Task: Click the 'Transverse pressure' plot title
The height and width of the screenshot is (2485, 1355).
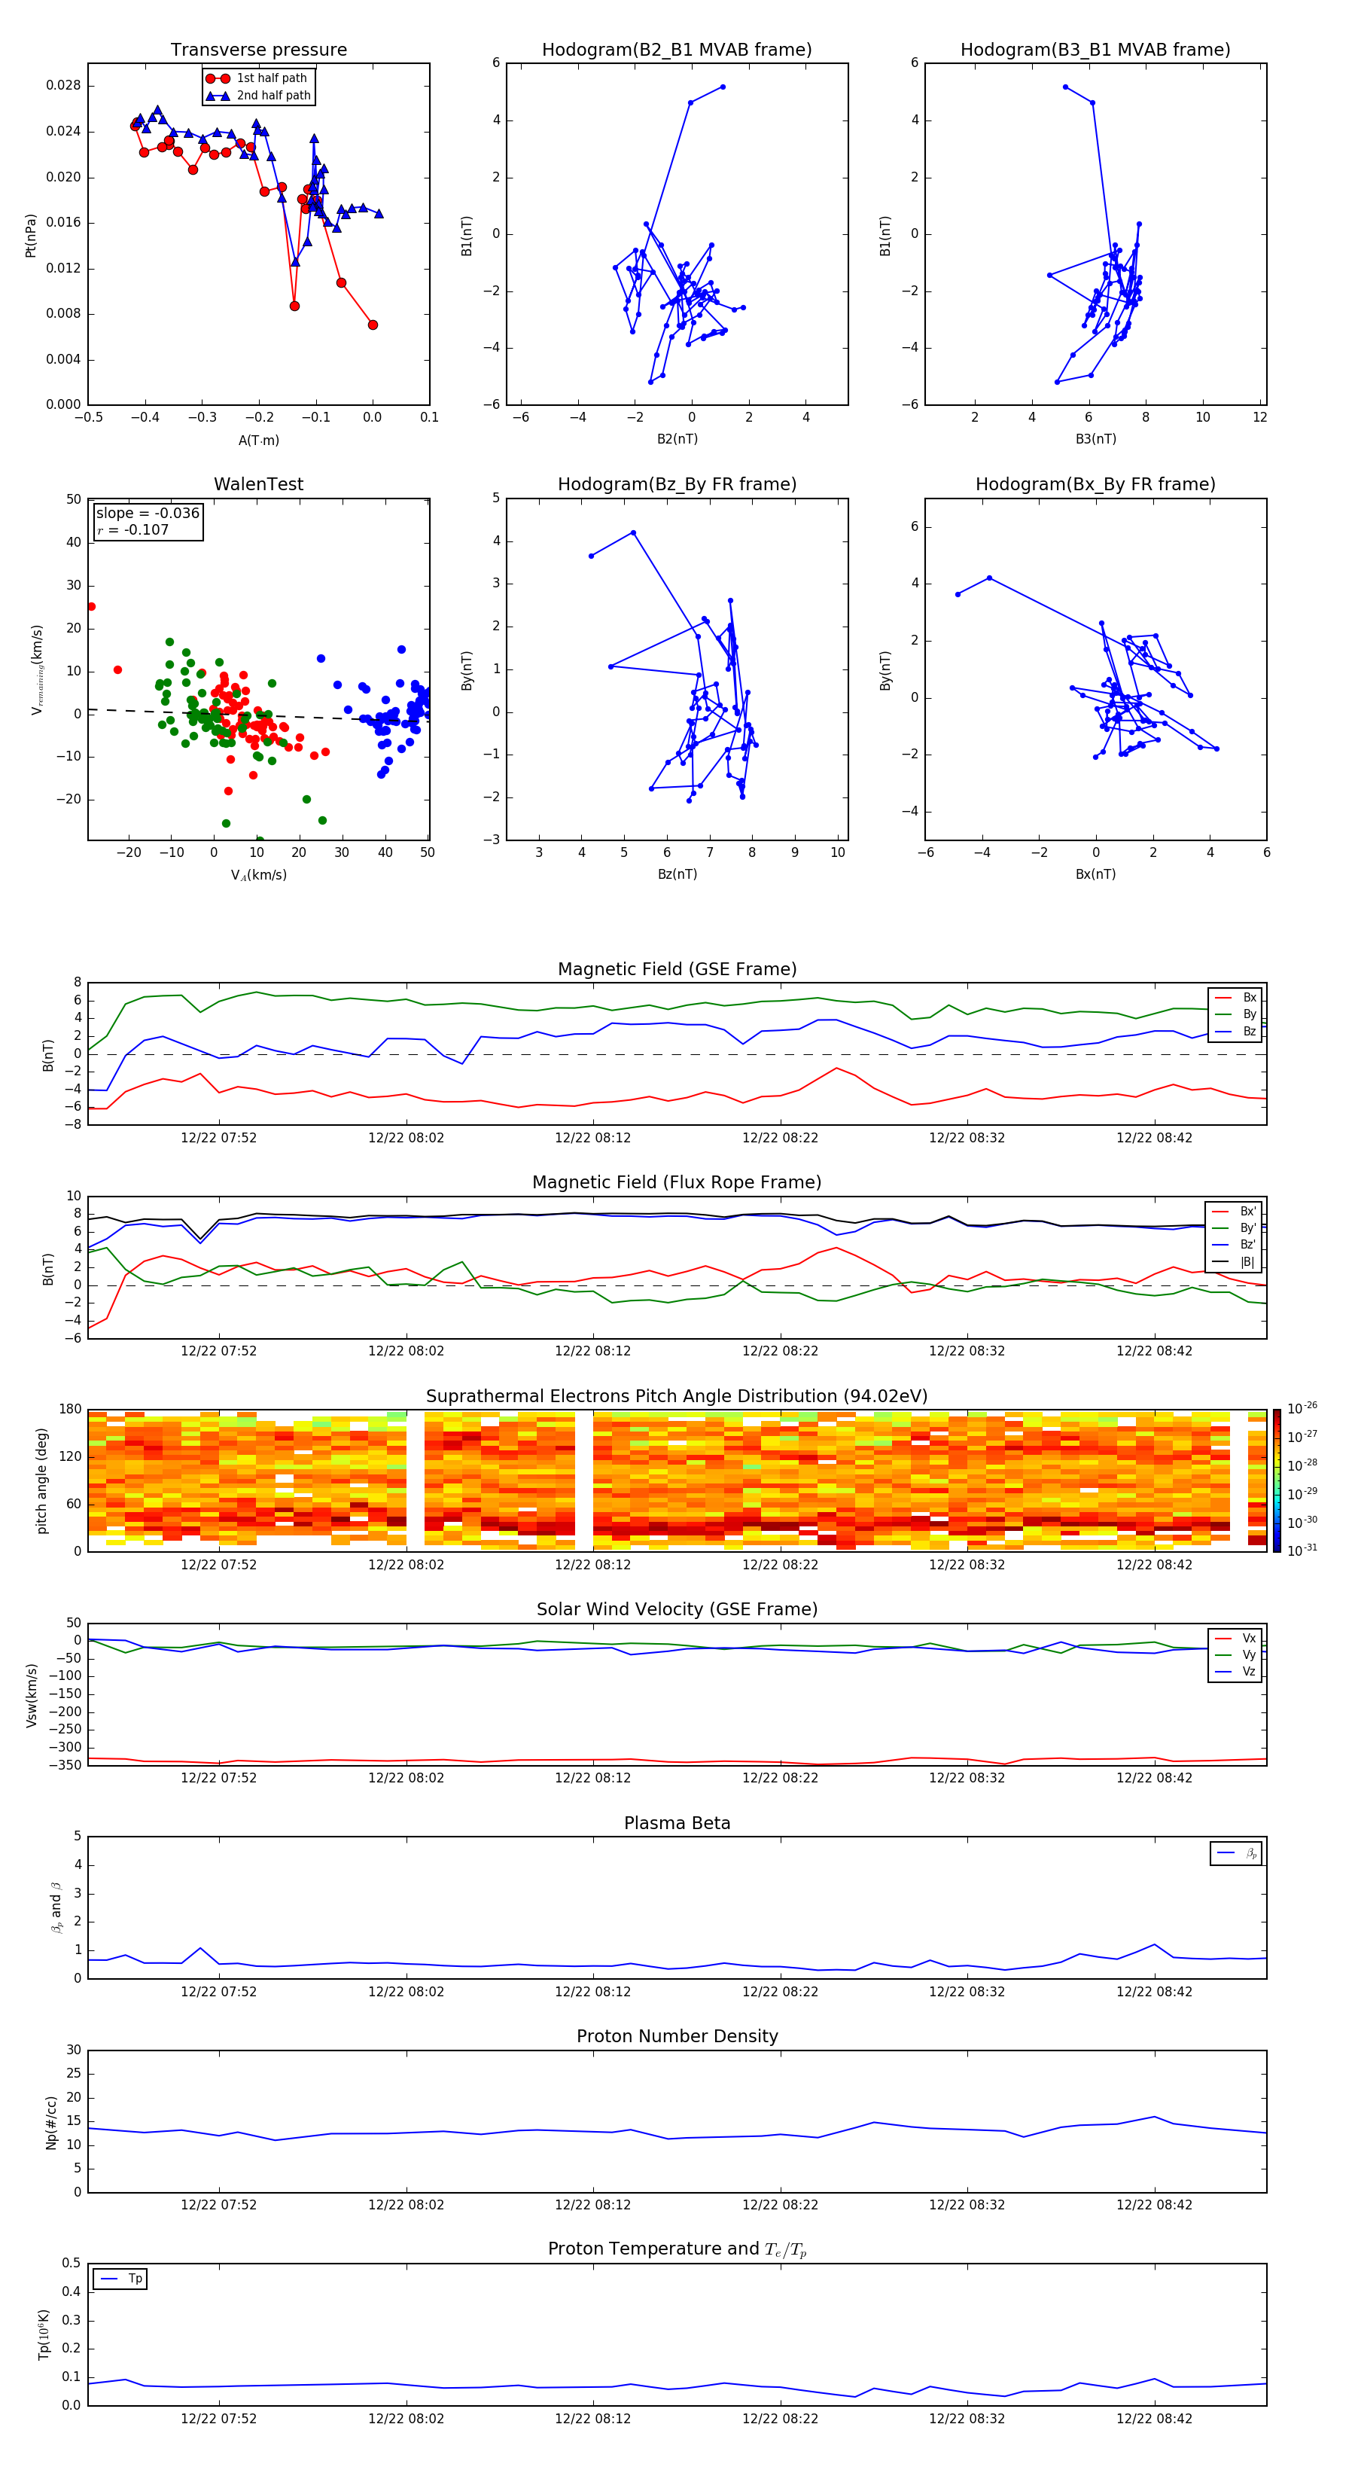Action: pyautogui.click(x=258, y=50)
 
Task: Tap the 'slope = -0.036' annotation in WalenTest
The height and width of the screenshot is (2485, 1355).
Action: pyautogui.click(x=148, y=514)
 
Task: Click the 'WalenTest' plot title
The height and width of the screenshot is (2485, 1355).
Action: pyautogui.click(x=258, y=484)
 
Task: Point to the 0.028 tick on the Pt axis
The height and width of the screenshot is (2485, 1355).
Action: pyautogui.click(x=64, y=86)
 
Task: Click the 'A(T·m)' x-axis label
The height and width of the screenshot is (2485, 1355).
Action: pyautogui.click(x=258, y=441)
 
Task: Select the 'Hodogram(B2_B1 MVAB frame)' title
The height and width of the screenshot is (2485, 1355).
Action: pyautogui.click(x=676, y=50)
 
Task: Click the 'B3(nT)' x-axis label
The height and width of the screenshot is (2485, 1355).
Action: pyautogui.click(x=1095, y=439)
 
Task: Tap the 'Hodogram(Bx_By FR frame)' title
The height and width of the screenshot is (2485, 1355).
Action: pyautogui.click(x=1095, y=484)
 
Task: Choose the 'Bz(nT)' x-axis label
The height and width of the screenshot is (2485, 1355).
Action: pyautogui.click(x=677, y=874)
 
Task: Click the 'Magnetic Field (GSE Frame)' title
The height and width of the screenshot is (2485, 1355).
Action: pyautogui.click(x=677, y=969)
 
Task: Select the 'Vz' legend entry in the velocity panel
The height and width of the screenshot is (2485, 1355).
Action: pyautogui.click(x=1248, y=1672)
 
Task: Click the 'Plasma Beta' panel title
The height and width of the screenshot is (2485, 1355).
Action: pyautogui.click(x=677, y=1823)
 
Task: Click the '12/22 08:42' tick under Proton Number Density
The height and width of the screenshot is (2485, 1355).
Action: pyautogui.click(x=1153, y=2205)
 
